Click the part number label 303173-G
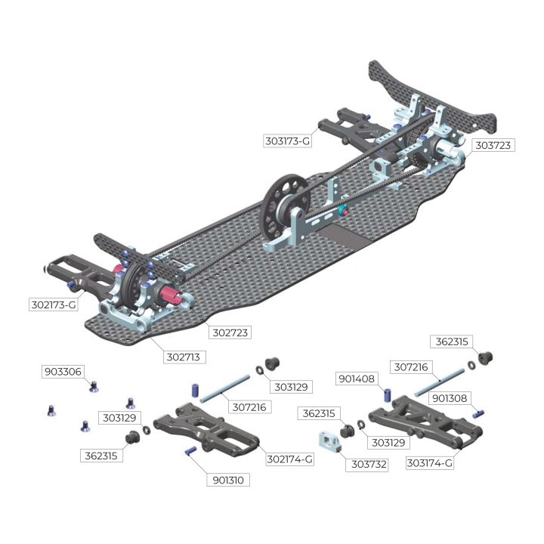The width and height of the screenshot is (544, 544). tap(287, 141)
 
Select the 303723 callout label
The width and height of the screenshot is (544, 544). tap(493, 145)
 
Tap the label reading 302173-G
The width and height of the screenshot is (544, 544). tap(54, 305)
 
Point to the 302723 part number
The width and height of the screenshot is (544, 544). tap(230, 332)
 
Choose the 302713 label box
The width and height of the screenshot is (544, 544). tap(184, 357)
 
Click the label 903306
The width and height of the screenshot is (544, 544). tap(63, 372)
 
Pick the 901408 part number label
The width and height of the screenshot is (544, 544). tap(357, 379)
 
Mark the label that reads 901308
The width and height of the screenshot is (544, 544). tap(450, 398)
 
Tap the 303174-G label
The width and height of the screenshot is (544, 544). tap(429, 463)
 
